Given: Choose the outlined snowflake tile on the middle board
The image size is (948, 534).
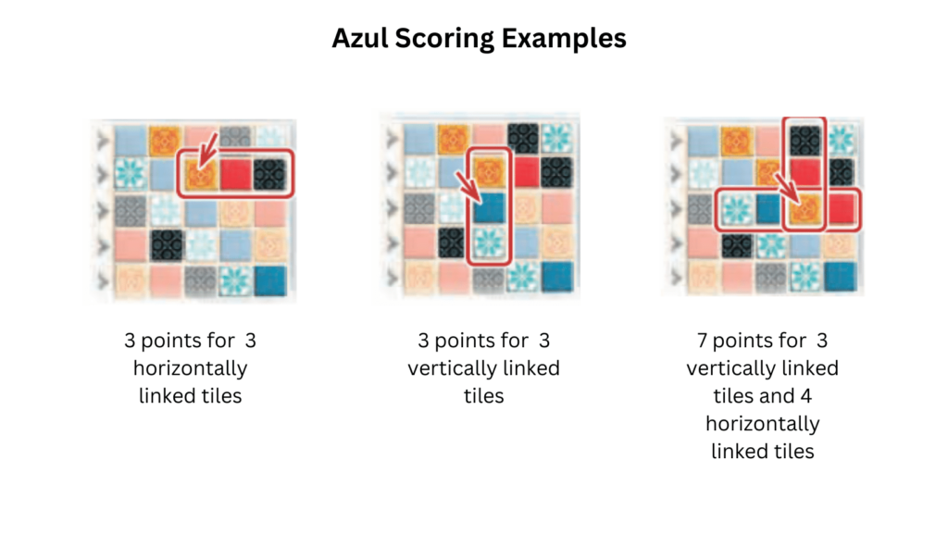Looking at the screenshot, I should tap(488, 243).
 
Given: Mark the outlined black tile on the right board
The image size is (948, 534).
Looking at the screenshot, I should tap(805, 138).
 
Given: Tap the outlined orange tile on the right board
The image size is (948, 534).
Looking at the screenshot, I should tap(805, 208).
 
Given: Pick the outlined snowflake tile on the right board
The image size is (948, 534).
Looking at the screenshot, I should tap(735, 208).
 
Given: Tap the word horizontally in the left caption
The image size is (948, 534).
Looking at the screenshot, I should tap(190, 368).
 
